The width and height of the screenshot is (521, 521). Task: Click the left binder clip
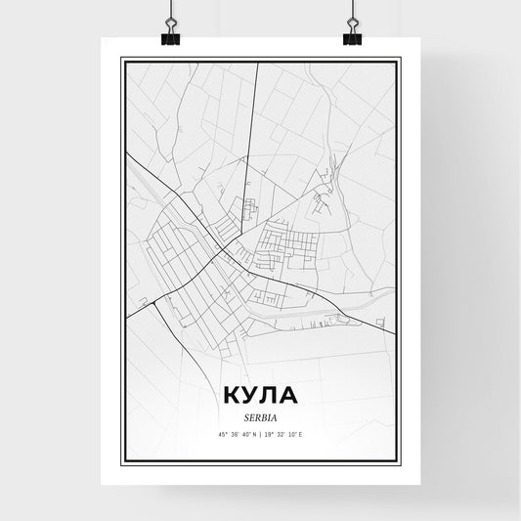(x=170, y=35)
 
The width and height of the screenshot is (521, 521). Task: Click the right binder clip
(x=351, y=35)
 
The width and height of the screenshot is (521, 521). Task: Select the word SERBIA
(x=260, y=418)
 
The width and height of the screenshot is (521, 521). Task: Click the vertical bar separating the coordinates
(x=260, y=435)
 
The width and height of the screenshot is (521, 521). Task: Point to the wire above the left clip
(x=170, y=10)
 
